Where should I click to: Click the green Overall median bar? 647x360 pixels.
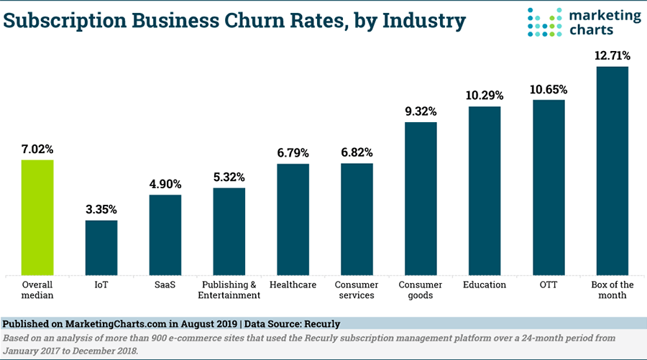pos(37,217)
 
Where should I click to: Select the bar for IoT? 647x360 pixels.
pos(101,247)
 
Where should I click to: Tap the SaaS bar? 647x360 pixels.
pos(165,234)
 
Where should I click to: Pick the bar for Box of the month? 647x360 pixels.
pos(612,170)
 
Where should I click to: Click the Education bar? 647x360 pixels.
pos(485,190)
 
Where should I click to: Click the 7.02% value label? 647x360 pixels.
pos(37,149)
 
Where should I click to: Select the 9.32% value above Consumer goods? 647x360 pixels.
pos(421,111)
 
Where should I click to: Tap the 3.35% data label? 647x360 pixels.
pos(101,210)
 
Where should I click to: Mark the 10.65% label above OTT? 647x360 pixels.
pos(549,90)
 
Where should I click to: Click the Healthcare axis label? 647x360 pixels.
pos(293,285)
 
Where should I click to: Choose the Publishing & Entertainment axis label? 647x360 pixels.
pos(229,290)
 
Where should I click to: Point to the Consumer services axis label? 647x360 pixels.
pos(357,290)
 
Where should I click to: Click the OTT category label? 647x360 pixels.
pos(549,285)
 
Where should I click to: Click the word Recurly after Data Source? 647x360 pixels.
pos(321,325)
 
